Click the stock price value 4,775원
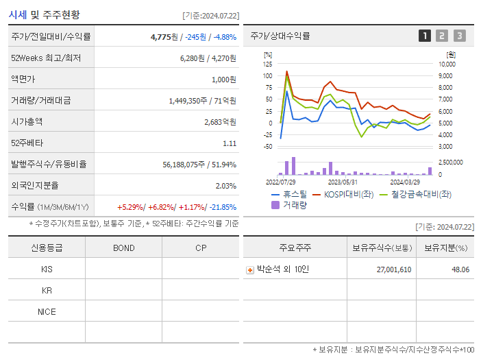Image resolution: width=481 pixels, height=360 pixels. coord(164,37)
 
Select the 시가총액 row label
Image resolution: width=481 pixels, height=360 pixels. coord(27,121)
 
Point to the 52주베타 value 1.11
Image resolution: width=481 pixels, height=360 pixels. coord(230,143)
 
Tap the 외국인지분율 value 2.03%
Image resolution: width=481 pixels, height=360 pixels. coord(225,186)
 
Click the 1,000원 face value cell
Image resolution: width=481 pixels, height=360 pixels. coord(223,80)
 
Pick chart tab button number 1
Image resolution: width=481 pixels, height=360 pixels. coord(425,36)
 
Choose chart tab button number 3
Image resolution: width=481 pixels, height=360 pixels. coord(459,36)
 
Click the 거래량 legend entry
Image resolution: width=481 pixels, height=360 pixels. coord(289,204)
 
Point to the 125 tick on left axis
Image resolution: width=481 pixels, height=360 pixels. coord(267,64)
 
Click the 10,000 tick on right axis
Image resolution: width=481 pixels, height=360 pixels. coord(447,64)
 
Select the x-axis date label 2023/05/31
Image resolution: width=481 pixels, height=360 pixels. coord(343,182)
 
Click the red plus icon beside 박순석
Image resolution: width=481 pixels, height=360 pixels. coord(250,269)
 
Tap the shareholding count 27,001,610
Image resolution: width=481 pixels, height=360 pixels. coord(394,269)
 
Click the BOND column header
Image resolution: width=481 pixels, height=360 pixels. coord(123,248)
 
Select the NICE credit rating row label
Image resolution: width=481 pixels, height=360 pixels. coord(47,311)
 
